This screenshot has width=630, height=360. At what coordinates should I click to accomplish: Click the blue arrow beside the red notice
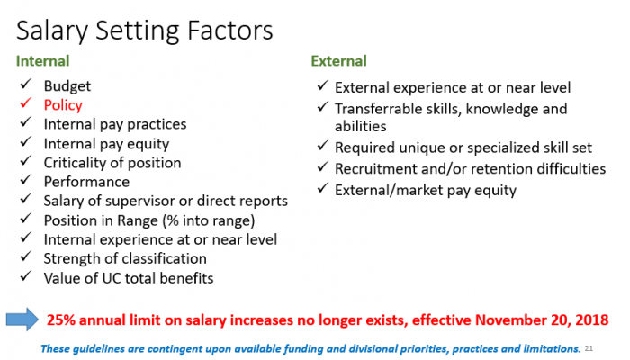click(22, 319)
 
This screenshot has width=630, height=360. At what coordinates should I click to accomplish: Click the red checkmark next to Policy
click(26, 103)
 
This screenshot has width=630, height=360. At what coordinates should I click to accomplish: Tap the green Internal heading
click(42, 61)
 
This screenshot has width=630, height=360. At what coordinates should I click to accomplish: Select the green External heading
click(338, 61)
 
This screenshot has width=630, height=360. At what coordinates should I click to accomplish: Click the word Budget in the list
click(67, 86)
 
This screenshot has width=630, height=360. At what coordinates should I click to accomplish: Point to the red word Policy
click(63, 105)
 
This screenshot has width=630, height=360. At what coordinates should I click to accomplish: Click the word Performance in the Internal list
click(86, 182)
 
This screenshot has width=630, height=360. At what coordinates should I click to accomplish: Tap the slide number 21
click(589, 348)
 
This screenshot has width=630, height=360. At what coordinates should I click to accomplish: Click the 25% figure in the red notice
click(61, 319)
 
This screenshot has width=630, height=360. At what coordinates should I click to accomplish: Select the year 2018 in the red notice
click(592, 319)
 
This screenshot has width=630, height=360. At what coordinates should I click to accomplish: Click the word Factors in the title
click(230, 31)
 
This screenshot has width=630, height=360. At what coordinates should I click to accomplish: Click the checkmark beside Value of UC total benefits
click(26, 276)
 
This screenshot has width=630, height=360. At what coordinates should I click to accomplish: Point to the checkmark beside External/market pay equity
click(323, 188)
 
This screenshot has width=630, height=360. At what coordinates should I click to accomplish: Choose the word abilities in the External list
click(361, 127)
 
